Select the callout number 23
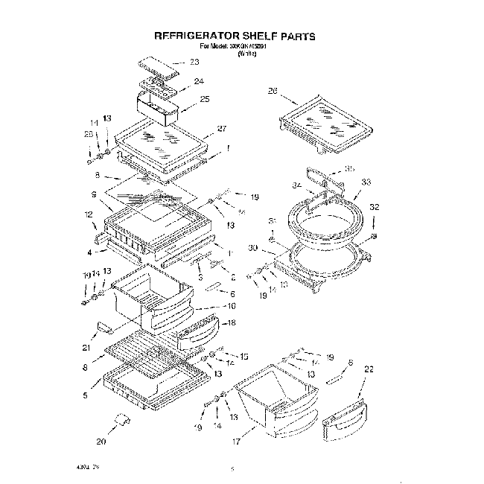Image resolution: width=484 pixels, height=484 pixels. pos(194,63)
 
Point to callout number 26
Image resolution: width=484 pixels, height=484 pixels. pos(273,92)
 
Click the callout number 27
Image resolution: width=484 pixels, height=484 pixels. pos(221,128)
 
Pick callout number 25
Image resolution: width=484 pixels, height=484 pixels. pos(205,98)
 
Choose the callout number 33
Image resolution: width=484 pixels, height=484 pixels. pos(366,182)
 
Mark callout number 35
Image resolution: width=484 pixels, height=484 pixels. pos(349,168)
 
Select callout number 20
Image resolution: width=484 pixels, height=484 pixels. pos(101,441)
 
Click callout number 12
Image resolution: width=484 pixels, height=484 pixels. pos(89,215)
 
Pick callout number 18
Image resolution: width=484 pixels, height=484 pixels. pos(232,322)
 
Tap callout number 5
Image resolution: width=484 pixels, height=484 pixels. pos(86,397)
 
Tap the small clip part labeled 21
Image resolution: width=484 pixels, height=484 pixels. pos(104,328)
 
